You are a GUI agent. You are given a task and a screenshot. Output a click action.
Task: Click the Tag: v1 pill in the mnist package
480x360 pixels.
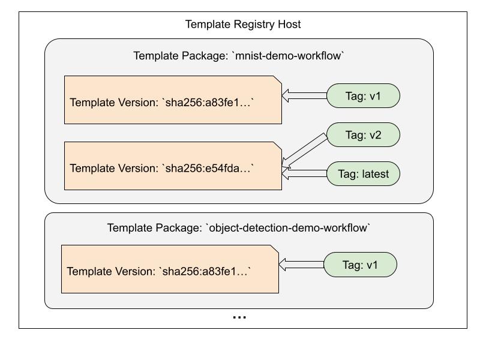pyautogui.click(x=363, y=96)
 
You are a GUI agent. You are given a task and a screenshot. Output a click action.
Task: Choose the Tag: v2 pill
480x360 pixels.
pyautogui.click(x=363, y=135)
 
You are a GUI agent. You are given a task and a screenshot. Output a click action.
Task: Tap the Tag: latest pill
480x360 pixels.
pyautogui.click(x=363, y=175)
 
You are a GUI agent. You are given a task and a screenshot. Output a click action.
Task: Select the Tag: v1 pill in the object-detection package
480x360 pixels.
pyautogui.click(x=360, y=265)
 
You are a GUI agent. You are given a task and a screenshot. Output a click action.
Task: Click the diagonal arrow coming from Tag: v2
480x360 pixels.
pyautogui.click(x=304, y=149)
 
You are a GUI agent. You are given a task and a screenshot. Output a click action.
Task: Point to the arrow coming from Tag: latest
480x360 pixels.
pyautogui.click(x=304, y=175)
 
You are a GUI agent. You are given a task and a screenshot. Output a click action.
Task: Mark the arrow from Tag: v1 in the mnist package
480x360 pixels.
pyautogui.click(x=304, y=95)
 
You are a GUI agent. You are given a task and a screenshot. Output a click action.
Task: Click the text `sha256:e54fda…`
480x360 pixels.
pyautogui.click(x=208, y=168)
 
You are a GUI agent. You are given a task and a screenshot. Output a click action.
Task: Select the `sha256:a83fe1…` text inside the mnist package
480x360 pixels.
pyautogui.click(x=208, y=102)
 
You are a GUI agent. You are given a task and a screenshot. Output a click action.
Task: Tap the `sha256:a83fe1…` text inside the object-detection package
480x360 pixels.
pyautogui.click(x=205, y=271)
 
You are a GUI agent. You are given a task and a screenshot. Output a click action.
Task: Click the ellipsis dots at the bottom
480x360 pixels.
pyautogui.click(x=239, y=317)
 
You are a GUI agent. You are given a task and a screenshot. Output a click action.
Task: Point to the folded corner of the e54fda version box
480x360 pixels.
pyautogui.click(x=278, y=146)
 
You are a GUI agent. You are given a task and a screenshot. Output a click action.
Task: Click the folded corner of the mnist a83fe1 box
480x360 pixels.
pyautogui.click(x=278, y=80)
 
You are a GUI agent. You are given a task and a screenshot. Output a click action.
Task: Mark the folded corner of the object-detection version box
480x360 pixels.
pyautogui.click(x=275, y=249)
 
